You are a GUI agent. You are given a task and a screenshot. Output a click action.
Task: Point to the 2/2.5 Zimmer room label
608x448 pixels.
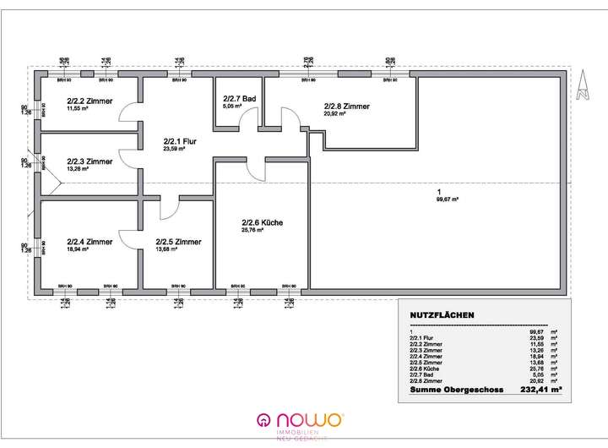(179, 241)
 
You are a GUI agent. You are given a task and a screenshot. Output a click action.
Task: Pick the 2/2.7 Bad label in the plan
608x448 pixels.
(239, 100)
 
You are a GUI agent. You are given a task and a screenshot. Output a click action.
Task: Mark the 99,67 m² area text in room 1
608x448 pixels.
(447, 199)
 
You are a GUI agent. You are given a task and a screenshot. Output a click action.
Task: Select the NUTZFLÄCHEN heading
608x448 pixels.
(442, 315)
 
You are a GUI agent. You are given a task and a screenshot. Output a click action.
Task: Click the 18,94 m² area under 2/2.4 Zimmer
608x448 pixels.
(79, 250)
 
